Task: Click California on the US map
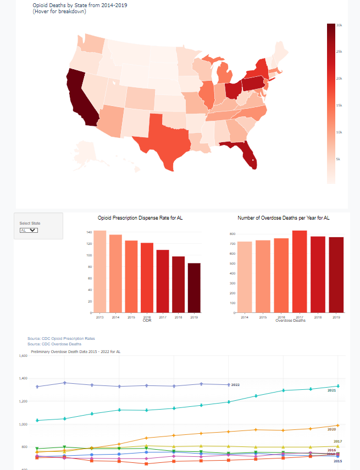coord(80,99)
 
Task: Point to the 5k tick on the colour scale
coord(339,159)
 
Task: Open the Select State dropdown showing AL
coord(29,231)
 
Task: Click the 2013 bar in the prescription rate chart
coord(99,271)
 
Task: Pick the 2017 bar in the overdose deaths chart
coord(300,271)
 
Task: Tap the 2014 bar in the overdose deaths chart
coord(245,277)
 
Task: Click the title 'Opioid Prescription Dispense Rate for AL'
coord(140,218)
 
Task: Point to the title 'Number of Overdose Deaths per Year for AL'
coord(284,218)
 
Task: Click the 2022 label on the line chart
coord(235,385)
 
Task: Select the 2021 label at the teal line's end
coord(331,390)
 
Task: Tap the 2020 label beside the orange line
coord(331,429)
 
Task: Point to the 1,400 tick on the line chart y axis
coord(23,378)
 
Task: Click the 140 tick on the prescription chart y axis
coord(88,232)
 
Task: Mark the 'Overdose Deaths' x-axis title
coord(290,320)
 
